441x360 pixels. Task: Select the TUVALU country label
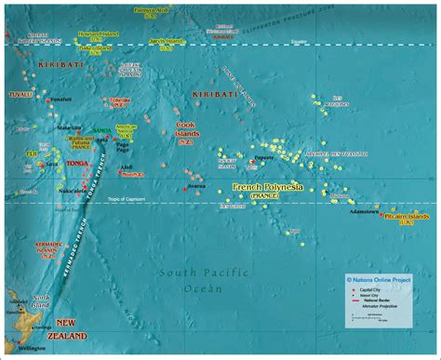pos(20,94)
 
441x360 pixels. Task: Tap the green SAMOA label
pos(101,130)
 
